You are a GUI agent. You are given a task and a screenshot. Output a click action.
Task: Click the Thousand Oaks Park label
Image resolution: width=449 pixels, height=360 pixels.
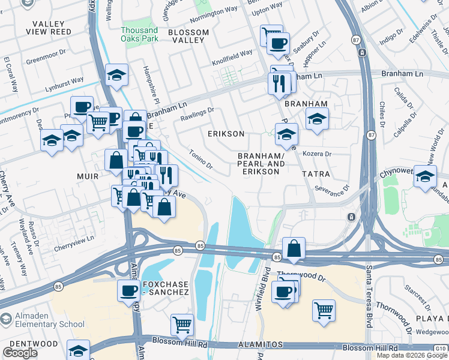tap(139, 34)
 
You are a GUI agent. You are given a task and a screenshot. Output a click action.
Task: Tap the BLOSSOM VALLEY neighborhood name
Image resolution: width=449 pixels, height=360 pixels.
tap(188, 36)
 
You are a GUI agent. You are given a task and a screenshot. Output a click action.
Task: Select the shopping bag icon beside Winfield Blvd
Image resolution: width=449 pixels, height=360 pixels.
tap(294, 248)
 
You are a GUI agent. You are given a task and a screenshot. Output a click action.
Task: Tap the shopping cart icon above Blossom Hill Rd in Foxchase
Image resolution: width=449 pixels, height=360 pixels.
tap(182, 325)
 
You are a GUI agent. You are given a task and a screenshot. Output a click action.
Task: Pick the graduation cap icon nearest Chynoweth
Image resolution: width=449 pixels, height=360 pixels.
tap(425, 177)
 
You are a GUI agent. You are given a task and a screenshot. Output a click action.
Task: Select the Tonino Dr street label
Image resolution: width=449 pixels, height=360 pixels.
tap(200, 159)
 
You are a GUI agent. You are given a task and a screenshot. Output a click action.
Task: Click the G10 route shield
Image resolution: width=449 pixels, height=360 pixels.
tap(442, 347)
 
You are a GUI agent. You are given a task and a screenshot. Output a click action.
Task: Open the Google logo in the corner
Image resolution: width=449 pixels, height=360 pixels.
tap(20, 353)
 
